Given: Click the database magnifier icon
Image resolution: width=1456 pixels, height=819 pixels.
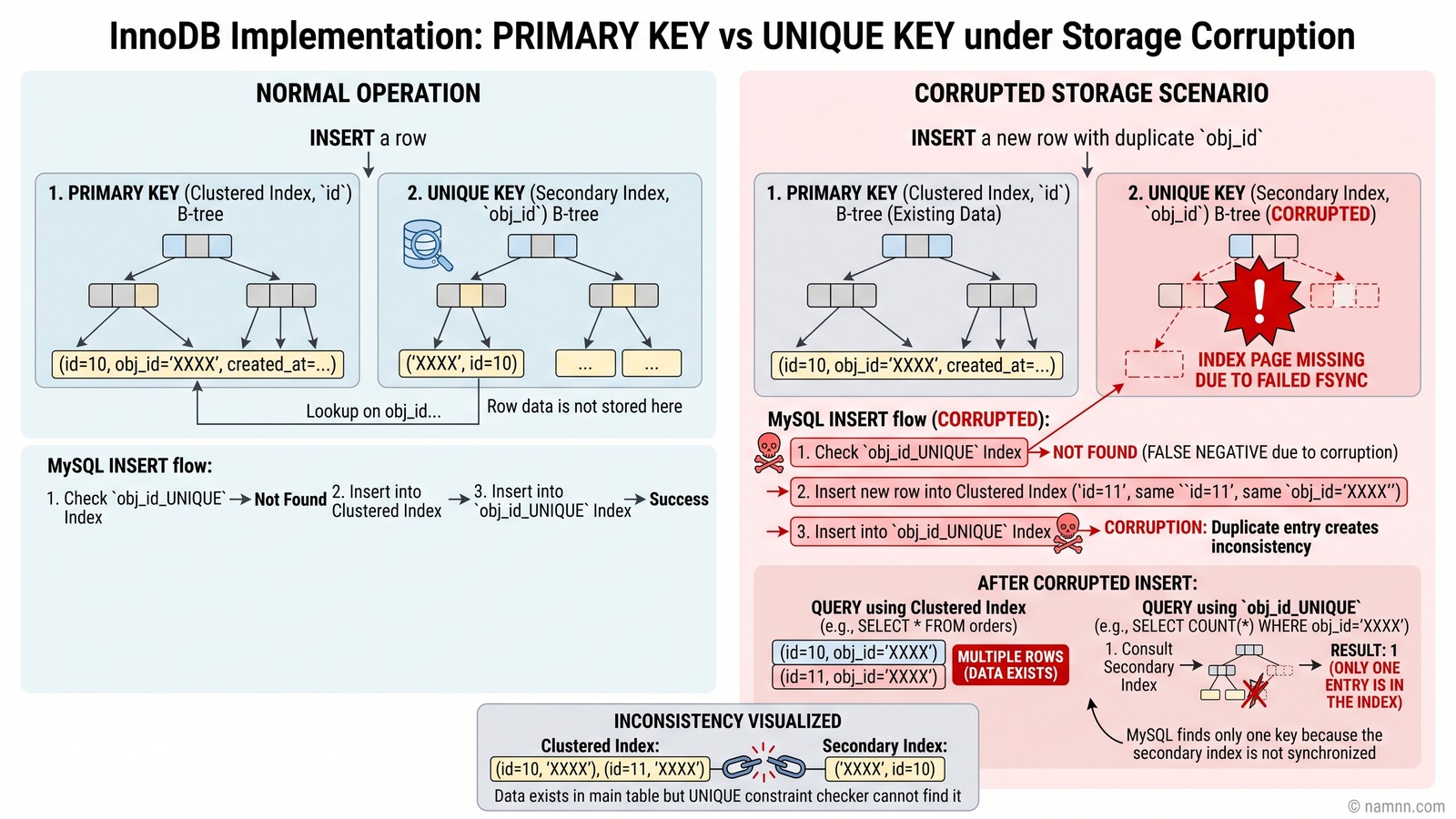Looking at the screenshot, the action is pos(427,245).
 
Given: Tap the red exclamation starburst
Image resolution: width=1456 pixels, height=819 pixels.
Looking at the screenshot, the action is pos(1259,299).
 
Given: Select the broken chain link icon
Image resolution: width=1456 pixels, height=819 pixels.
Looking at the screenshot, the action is pos(764,768).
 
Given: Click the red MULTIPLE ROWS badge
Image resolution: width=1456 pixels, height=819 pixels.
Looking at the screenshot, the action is pos(1010,665).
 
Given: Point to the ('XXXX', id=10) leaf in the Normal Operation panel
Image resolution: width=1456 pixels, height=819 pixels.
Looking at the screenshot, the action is pos(460,363).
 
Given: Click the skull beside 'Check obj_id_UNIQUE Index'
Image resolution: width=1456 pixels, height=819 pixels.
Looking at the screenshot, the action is pos(769,452).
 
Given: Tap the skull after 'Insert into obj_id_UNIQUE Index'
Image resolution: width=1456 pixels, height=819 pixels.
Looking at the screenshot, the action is pos(1068,533).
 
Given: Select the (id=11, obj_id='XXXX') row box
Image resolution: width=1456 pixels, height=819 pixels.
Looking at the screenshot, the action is pos(859,677).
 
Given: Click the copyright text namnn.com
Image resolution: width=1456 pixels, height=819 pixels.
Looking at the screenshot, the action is pos(1396,806).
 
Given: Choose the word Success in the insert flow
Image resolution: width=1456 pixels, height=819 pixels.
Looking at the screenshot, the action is pos(679,500).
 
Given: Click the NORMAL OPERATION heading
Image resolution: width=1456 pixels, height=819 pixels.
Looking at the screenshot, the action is pos(368,93).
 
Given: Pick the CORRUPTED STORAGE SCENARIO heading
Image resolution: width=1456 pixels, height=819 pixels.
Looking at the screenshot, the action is pos(1091,93).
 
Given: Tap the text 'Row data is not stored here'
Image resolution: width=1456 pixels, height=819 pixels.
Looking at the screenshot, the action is pos(584,406).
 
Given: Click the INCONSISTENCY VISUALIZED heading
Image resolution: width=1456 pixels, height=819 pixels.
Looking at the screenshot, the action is pos(727,721).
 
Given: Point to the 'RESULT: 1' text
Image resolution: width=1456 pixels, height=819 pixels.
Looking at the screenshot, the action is pos(1364,650).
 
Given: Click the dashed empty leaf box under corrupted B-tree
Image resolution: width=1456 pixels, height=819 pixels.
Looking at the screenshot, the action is pos(1154,364).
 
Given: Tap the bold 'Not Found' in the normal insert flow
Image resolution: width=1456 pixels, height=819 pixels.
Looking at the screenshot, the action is pos(290,500).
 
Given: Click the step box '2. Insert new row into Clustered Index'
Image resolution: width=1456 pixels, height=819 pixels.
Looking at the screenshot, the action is pos(1098,492).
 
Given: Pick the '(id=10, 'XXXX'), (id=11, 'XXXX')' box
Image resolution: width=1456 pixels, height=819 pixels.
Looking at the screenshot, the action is pos(600,770).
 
